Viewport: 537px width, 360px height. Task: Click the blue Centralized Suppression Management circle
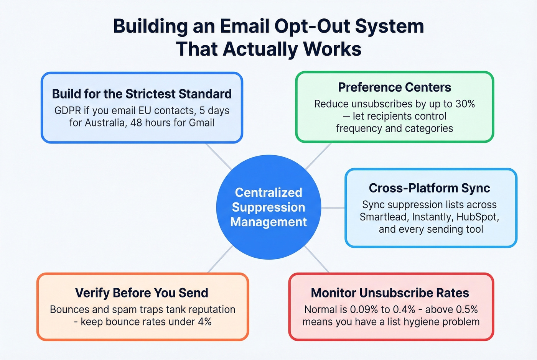[x=268, y=207]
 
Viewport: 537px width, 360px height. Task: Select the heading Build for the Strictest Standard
[x=142, y=94]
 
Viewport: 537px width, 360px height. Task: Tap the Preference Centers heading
[x=394, y=87]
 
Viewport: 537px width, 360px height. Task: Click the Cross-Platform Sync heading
[x=429, y=188]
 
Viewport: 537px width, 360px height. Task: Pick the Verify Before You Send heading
[x=142, y=293]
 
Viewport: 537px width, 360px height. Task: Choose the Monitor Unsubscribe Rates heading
[x=390, y=293]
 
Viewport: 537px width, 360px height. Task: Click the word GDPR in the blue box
[x=68, y=111]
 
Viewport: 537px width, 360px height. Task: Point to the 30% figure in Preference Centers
[x=465, y=104]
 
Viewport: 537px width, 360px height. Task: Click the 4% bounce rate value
[x=204, y=322]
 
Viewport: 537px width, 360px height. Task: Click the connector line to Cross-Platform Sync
[x=333, y=208]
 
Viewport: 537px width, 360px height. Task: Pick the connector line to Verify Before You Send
[x=220, y=260]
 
